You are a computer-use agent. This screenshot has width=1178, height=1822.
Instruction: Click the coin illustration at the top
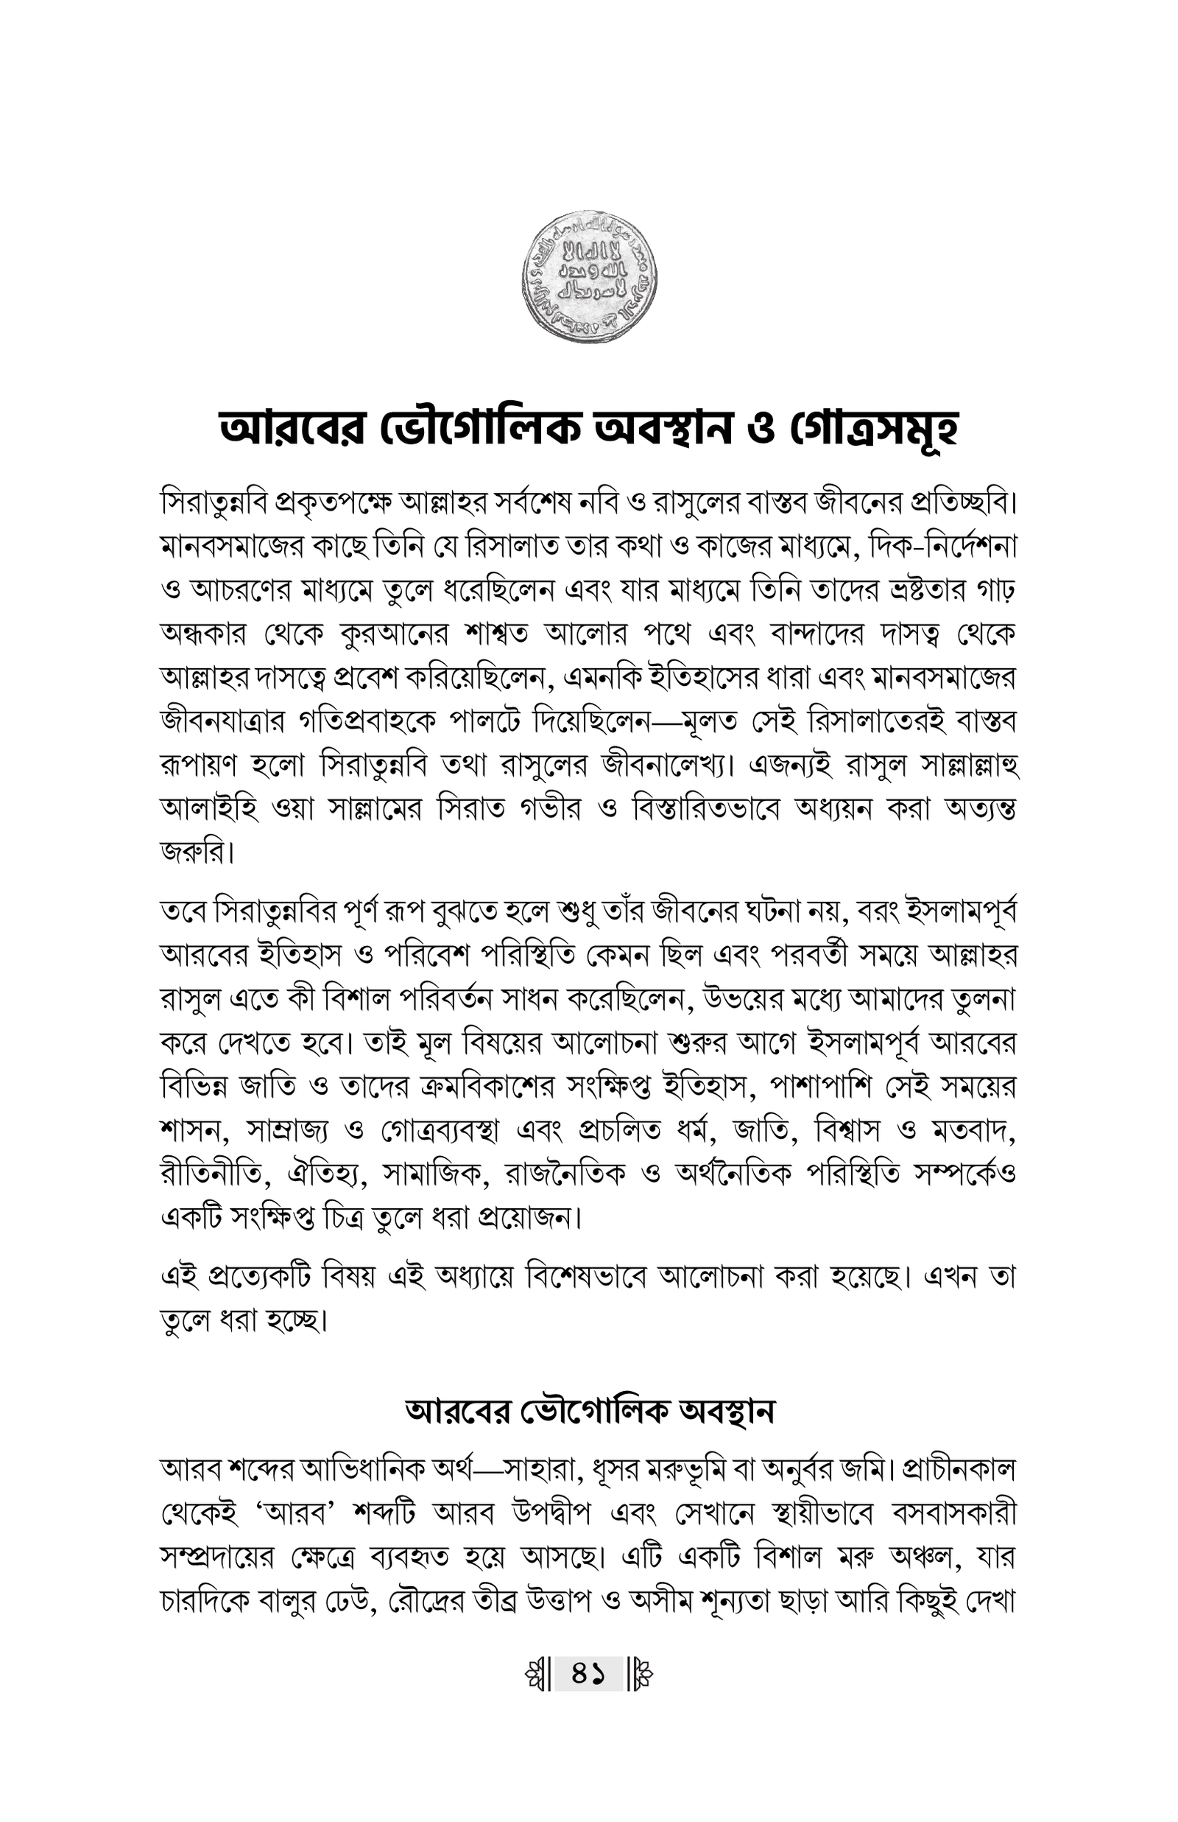(x=589, y=278)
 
